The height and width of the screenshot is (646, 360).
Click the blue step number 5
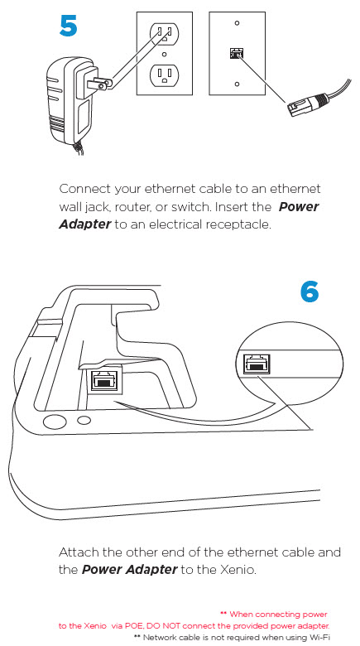click(68, 26)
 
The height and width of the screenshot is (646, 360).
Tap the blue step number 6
click(310, 292)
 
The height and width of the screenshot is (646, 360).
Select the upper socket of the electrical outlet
click(165, 34)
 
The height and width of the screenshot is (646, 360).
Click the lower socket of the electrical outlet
click(165, 75)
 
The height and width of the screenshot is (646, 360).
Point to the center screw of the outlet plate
click(165, 54)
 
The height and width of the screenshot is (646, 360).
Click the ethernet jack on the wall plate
click(237, 53)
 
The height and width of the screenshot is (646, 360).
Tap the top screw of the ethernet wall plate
click(237, 22)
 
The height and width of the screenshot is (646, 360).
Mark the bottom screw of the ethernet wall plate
click(237, 84)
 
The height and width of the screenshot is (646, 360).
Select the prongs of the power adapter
click(102, 82)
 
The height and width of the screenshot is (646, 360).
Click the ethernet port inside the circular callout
click(257, 364)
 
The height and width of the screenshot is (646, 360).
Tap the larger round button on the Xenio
click(55, 422)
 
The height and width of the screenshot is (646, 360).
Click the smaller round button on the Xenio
click(84, 420)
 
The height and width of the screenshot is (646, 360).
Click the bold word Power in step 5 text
click(299, 206)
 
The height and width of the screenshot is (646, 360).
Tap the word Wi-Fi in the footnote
click(321, 638)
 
